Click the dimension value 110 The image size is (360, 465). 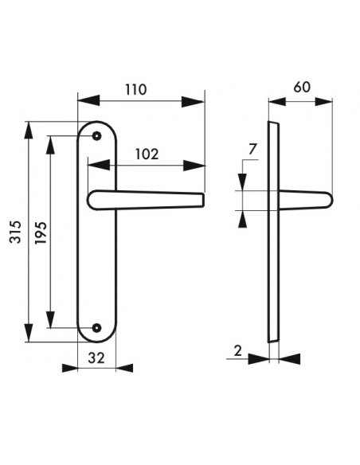(x=136, y=89)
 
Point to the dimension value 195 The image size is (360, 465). (x=42, y=232)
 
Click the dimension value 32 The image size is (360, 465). (x=96, y=358)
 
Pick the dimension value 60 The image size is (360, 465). (x=302, y=88)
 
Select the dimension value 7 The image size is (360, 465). (x=252, y=149)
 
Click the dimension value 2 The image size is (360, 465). (x=238, y=350)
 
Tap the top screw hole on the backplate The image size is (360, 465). (x=96, y=136)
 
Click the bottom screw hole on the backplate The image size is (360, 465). (x=96, y=327)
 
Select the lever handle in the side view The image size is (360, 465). (x=307, y=199)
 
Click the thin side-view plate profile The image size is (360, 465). (x=273, y=231)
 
